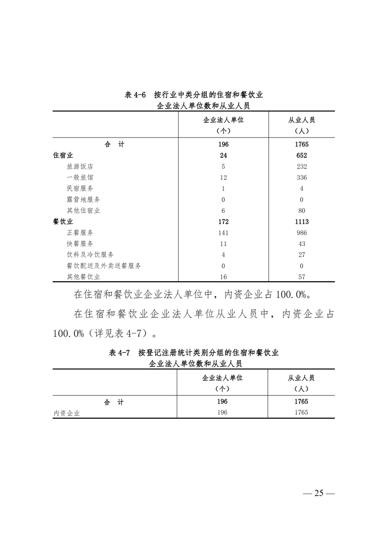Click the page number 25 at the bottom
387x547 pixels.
coord(319,493)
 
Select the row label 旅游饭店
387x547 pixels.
coord(80,166)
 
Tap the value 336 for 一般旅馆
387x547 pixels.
coord(301,177)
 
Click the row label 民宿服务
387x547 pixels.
coord(80,188)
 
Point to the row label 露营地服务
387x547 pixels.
coord(83,199)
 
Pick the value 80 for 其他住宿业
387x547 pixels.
coord(301,211)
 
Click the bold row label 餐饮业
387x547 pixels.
coord(62,222)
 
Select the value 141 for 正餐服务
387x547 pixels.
coord(223,233)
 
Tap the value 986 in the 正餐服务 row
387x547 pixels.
coord(301,233)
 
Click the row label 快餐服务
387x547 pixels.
coord(80,244)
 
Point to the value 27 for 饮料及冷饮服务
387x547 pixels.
coord(301,254)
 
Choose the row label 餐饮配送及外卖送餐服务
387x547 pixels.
coord(104,266)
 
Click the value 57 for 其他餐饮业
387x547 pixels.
coord(301,277)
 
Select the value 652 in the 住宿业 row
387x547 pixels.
coord(301,156)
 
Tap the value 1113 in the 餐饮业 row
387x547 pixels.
coord(301,222)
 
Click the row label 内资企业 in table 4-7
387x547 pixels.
coord(66,413)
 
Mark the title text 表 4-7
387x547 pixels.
coord(120,352)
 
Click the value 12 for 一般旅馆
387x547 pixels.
coord(223,177)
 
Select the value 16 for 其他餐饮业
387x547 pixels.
coord(223,277)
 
